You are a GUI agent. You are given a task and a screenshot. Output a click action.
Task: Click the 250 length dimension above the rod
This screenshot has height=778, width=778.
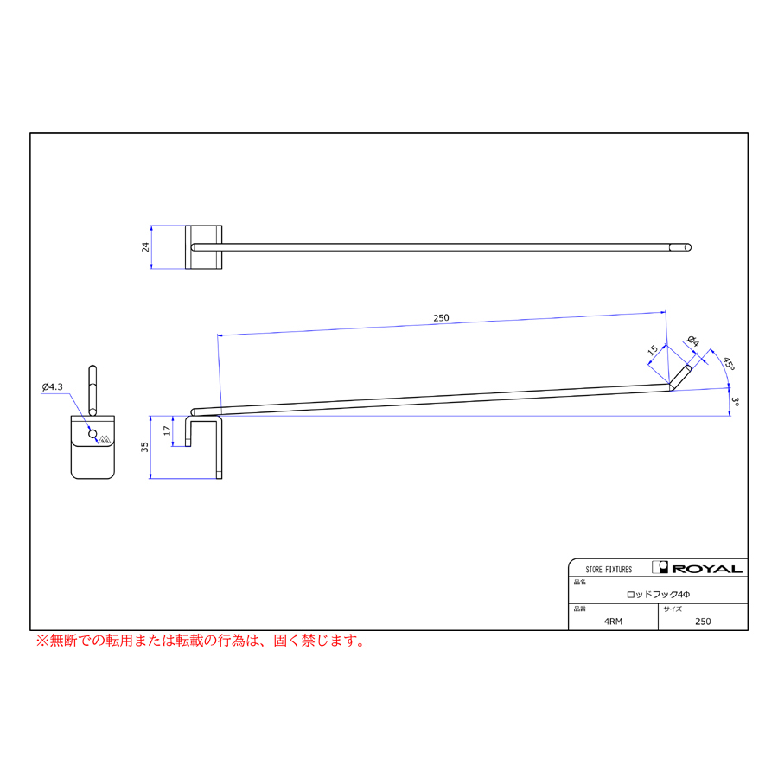point(441,317)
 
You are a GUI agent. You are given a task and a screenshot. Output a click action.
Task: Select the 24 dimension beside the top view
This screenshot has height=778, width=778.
point(145,247)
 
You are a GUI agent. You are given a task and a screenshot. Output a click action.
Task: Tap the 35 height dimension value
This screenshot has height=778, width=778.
point(144,447)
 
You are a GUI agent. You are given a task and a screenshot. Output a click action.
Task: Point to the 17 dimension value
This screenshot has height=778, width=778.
point(167,430)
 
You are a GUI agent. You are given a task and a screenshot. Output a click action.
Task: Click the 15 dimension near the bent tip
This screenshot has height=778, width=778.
point(653,350)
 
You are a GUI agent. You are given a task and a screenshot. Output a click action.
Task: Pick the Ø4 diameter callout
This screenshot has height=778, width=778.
point(693,341)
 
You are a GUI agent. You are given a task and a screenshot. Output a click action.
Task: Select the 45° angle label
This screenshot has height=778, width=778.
point(729,363)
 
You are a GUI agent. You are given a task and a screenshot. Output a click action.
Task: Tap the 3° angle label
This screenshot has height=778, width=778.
point(736,402)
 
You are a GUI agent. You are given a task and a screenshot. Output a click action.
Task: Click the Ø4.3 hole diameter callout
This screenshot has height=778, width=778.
point(53,386)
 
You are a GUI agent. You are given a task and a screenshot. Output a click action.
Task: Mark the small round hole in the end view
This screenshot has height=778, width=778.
point(92,434)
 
